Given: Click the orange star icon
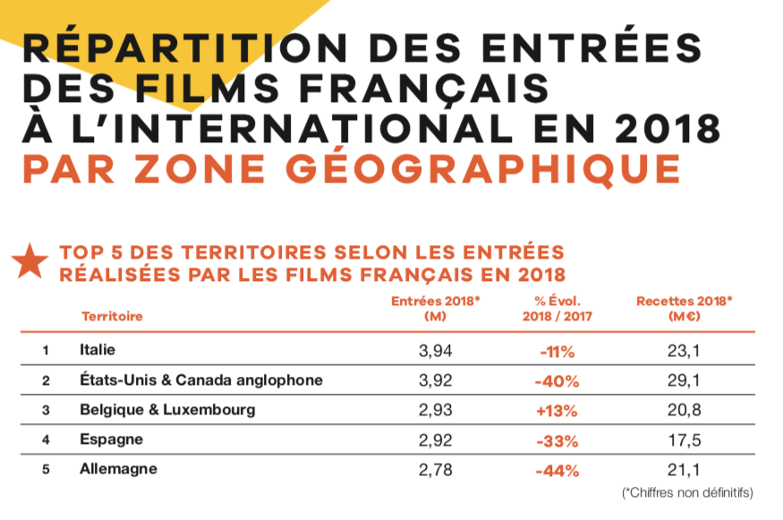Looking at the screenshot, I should (x=30, y=261).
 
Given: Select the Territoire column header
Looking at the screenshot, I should (x=112, y=316).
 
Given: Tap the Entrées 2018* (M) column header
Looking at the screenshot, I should (x=436, y=308).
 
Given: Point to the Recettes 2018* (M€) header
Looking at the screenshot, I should (x=684, y=308).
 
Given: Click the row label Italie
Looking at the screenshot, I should (x=98, y=349).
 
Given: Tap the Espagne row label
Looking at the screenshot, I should (x=110, y=439).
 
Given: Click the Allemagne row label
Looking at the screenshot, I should (x=118, y=469).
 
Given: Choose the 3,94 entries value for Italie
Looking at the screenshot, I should (x=436, y=350).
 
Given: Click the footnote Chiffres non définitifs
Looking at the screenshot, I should (x=687, y=493).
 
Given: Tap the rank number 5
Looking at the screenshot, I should (x=45, y=469).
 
